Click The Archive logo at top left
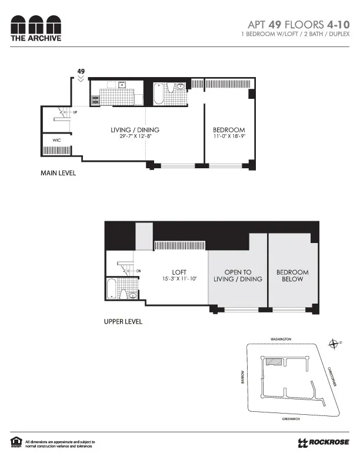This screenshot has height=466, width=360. click(36, 28)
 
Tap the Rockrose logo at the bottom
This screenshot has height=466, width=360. click(324, 442)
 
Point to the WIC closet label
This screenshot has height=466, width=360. click(56, 141)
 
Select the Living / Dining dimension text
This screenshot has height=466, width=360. click(135, 137)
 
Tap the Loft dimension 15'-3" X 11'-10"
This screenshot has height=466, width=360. click(180, 278)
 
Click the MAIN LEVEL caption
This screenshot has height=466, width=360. click(58, 174)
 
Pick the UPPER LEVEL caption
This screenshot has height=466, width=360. click(122, 322)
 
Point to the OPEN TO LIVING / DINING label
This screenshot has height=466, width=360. click(238, 275)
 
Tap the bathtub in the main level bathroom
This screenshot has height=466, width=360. click(159, 94)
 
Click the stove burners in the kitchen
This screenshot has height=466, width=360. click(95, 100)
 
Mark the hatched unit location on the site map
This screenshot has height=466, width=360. click(272, 363)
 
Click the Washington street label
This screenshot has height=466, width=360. click(281, 339)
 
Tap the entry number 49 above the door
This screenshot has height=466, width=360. click(81, 71)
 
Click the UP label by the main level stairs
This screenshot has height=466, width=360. click(75, 112)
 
